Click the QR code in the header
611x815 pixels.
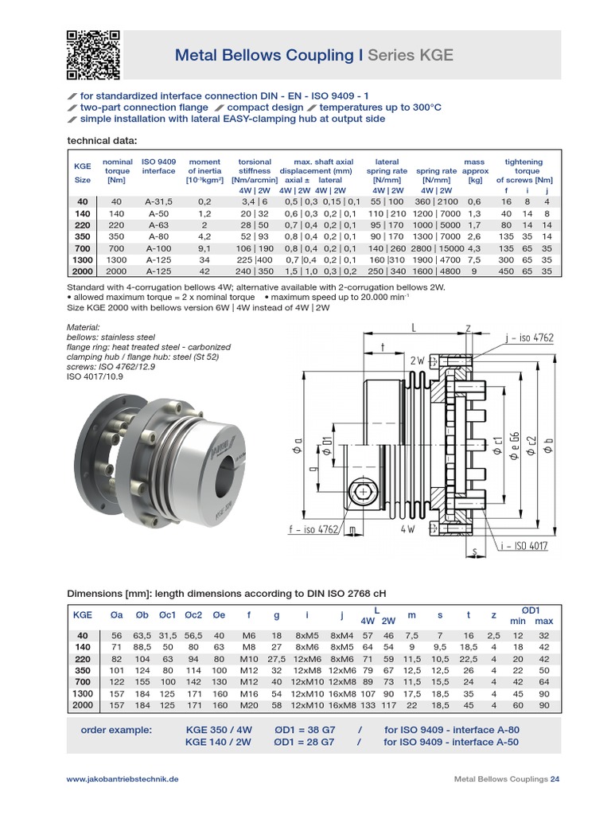(x=92, y=55)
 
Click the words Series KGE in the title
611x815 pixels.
(x=411, y=55)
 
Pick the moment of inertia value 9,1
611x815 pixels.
(x=204, y=248)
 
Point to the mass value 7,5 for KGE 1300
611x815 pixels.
(x=473, y=259)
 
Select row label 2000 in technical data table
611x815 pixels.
(x=82, y=271)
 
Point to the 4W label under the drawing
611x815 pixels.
(x=409, y=528)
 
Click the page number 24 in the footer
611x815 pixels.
(x=555, y=779)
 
